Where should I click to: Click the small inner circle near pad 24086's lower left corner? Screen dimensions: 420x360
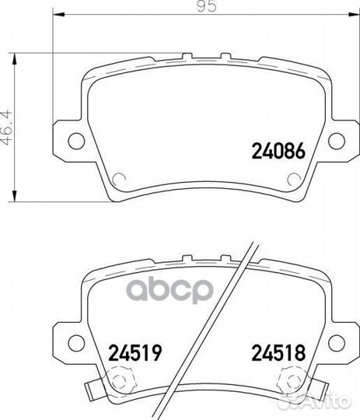pos(119,180)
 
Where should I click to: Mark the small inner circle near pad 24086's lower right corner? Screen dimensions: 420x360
pos(293,180)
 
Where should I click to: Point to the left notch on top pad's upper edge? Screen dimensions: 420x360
pos(187,54)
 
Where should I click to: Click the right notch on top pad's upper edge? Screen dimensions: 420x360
pos(225,54)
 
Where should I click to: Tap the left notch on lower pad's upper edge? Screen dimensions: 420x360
pos(187,254)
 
